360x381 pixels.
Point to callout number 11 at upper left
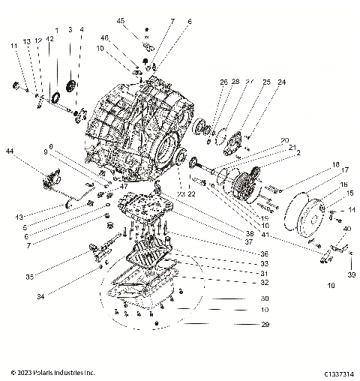[x=13, y=46]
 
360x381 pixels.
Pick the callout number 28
[x=235, y=82]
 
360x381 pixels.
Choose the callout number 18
[x=335, y=164]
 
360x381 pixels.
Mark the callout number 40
[x=346, y=229]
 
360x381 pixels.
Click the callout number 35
[x=29, y=277]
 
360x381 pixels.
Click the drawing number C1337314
[x=340, y=373]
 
